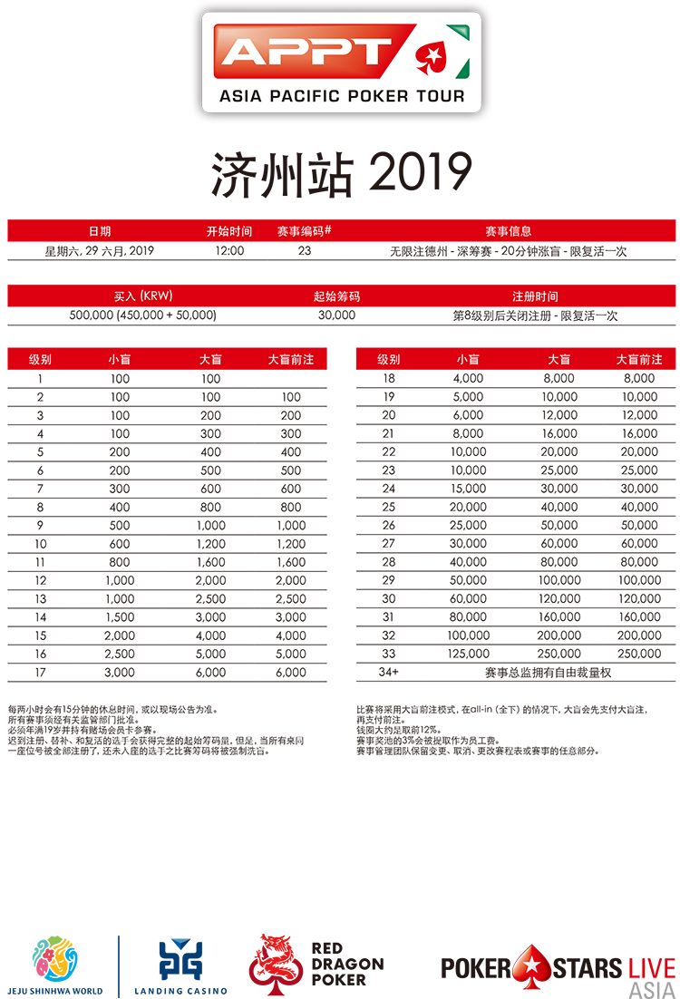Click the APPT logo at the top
click(341, 62)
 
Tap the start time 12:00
click(229, 251)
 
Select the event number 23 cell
click(305, 251)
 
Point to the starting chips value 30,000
click(336, 315)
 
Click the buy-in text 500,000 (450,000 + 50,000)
click(142, 315)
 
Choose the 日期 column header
click(100, 231)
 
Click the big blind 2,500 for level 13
click(210, 598)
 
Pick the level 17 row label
click(41, 672)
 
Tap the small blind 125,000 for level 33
click(469, 654)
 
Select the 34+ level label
click(389, 673)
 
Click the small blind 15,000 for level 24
click(469, 489)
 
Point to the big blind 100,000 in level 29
click(559, 580)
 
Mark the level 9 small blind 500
click(120, 525)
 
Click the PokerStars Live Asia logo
click(558, 968)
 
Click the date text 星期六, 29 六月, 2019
click(100, 251)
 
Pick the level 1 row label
click(41, 379)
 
